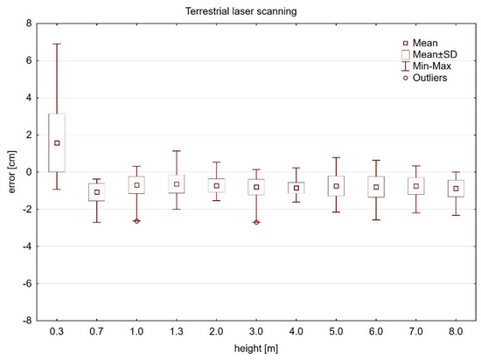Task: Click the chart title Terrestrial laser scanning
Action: (x=253, y=10)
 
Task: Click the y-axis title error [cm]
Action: (x=10, y=172)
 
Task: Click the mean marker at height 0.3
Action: (x=57, y=142)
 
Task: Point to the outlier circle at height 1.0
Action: (x=136, y=221)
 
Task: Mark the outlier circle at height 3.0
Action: (x=256, y=222)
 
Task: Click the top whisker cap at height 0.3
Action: (x=57, y=44)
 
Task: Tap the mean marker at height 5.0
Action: (x=336, y=186)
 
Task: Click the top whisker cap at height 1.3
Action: (x=177, y=151)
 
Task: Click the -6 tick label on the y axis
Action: (x=27, y=284)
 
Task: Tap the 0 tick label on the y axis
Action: (x=29, y=172)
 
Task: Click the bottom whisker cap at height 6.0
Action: (x=376, y=219)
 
